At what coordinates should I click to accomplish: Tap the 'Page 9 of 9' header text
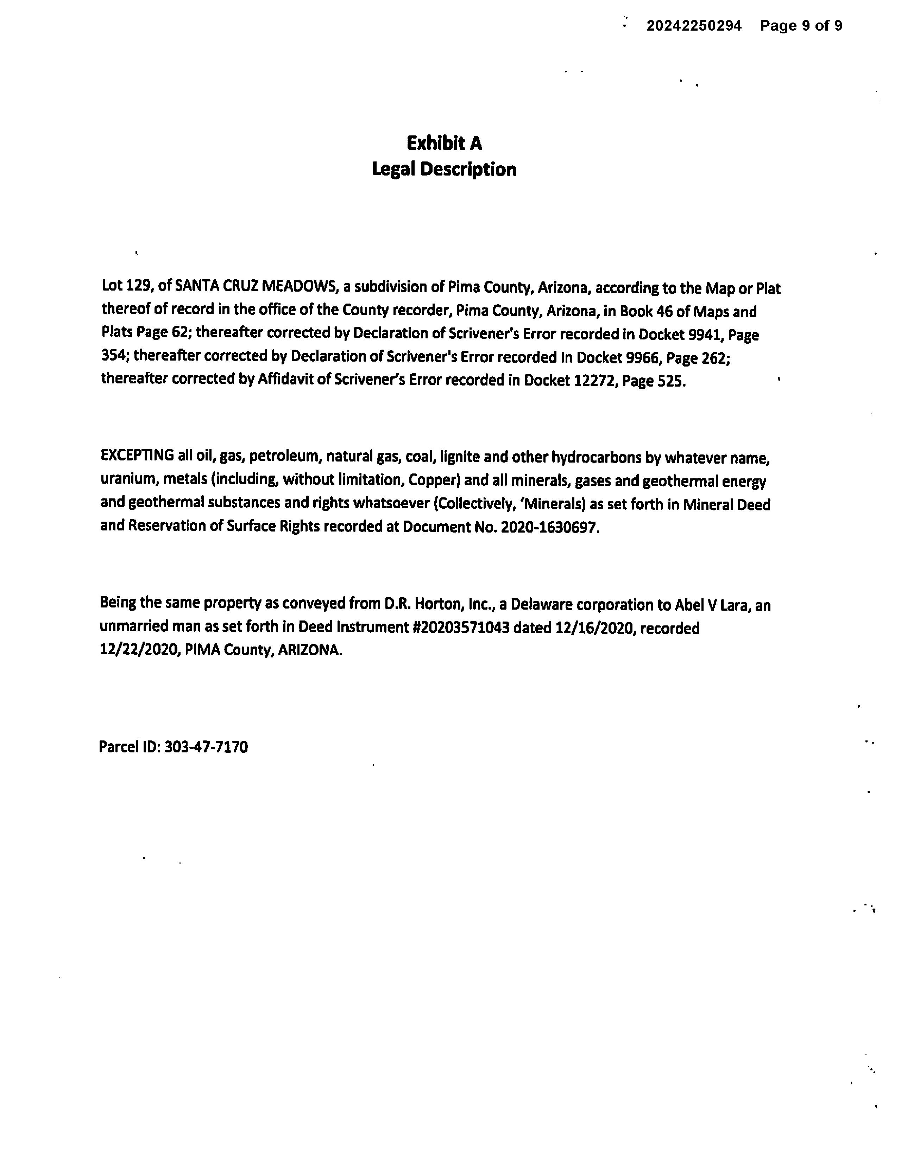pyautogui.click(x=801, y=26)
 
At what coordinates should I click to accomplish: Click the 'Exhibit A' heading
pyautogui.click(x=444, y=143)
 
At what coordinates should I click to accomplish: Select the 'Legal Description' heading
pyautogui.click(x=444, y=169)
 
